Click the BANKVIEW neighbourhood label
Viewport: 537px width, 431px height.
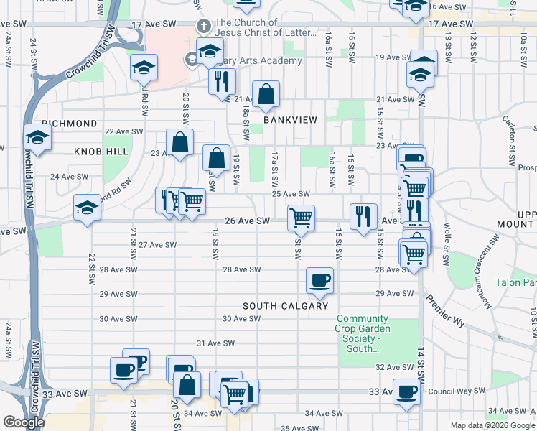[289, 120]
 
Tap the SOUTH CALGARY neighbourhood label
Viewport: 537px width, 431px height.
[285, 306]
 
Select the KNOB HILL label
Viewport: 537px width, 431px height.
[101, 152]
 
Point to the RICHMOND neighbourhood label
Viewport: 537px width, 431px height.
[70, 124]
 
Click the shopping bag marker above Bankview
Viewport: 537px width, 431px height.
[266, 94]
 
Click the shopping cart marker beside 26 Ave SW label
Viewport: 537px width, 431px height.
[301, 217]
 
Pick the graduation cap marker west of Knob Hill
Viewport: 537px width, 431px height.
[37, 137]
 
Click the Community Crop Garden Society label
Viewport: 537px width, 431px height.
[363, 334]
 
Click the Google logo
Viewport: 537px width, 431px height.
[24, 422]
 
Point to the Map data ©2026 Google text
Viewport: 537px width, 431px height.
[493, 425]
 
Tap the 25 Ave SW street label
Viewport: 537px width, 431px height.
[290, 194]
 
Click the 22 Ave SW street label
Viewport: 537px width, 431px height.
[120, 131]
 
